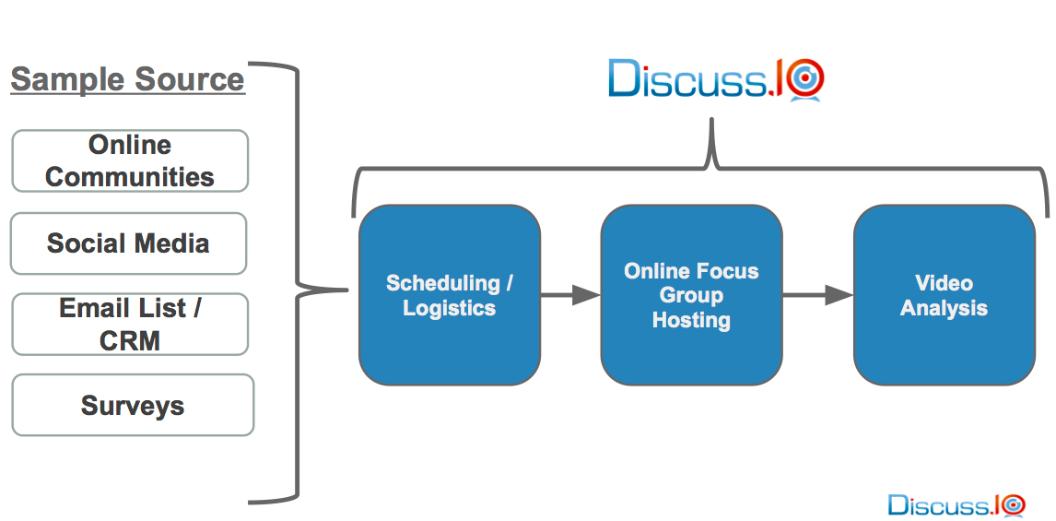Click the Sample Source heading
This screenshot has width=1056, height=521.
tap(127, 79)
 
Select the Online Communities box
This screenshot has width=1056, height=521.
tap(130, 160)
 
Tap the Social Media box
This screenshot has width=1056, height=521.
tap(128, 243)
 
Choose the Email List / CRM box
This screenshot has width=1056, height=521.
tap(130, 324)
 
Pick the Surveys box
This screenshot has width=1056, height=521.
tap(133, 405)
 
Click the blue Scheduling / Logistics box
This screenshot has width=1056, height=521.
tap(449, 295)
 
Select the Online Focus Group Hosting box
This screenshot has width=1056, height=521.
tap(691, 295)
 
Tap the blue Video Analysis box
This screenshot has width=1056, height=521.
tap(944, 295)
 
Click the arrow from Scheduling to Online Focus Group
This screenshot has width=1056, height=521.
tap(569, 295)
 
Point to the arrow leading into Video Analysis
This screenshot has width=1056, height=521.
tap(817, 295)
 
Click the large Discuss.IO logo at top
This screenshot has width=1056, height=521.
tap(715, 79)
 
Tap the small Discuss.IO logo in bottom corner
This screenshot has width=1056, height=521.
tap(956, 504)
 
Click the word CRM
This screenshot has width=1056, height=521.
tap(130, 340)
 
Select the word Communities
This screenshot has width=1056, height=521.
tap(130, 176)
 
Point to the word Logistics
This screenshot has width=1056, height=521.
tap(449, 308)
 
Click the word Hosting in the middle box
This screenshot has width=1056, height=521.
tap(691, 320)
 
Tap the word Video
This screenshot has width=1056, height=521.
tap(944, 283)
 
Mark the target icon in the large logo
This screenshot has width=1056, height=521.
tap(806, 79)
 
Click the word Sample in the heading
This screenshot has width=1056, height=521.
tap(65, 79)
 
